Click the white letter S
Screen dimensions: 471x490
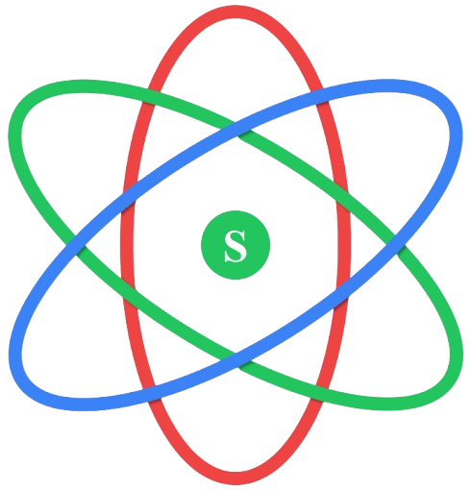click(235, 246)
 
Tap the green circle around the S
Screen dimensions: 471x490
click(235, 245)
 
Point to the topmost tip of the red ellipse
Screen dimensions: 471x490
click(235, 12)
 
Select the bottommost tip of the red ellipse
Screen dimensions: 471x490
click(235, 478)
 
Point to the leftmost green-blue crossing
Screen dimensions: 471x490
click(76, 246)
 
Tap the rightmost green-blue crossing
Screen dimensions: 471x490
click(395, 245)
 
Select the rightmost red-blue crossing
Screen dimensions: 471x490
click(343, 292)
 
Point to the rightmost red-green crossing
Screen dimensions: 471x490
click(342, 196)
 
